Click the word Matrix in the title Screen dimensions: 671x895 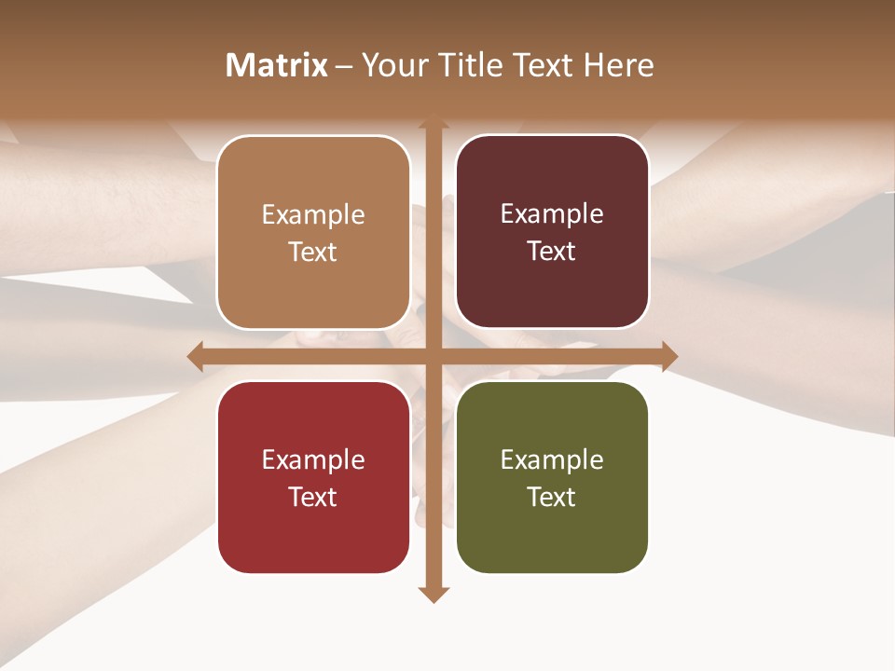pos(277,65)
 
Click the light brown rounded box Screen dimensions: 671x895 pos(313,232)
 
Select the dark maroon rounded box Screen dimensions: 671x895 pos(552,232)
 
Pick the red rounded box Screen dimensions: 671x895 pos(313,477)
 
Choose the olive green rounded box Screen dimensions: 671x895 pos(552,477)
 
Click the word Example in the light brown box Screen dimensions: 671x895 pos(313,215)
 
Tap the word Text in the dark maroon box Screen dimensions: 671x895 pos(552,252)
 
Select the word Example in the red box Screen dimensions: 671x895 pos(313,459)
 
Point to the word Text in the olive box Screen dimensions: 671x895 pos(552,497)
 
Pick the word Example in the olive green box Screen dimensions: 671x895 pos(552,459)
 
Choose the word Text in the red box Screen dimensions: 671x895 pos(313,497)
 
